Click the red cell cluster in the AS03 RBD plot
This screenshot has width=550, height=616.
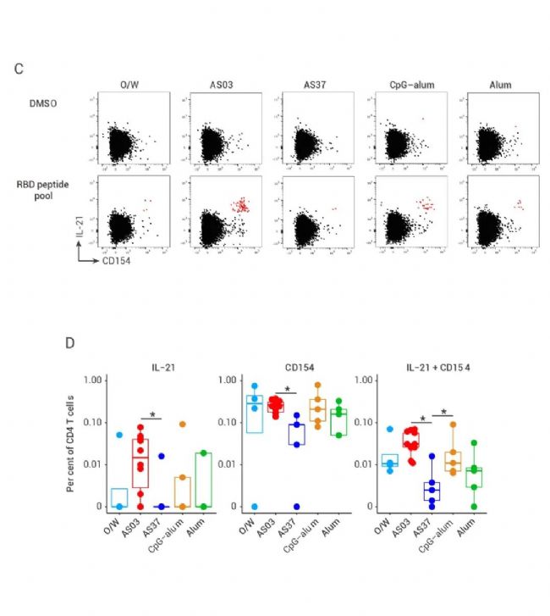pos(243,204)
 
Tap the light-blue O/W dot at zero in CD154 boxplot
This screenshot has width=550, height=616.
pos(255,506)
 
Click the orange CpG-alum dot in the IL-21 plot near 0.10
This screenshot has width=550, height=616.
pos(182,424)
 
